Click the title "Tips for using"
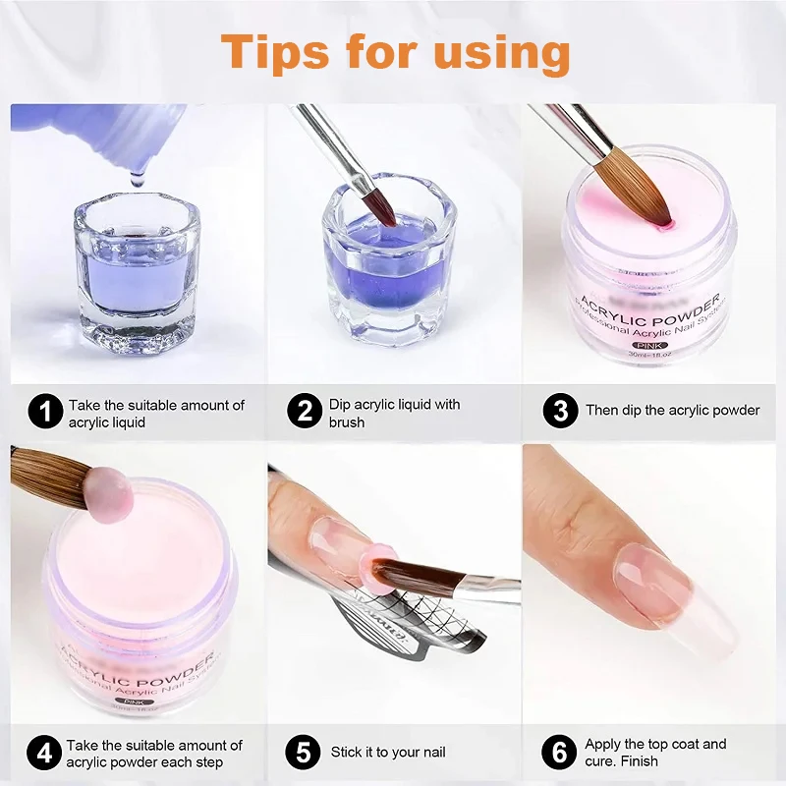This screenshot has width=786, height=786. coord(395,51)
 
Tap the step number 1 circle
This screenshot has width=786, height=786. coord(45,411)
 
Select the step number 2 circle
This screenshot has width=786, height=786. coord(305,411)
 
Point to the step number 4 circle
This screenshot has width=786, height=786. coord(45,754)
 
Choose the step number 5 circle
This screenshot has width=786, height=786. coord(305,754)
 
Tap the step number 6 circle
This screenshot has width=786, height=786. coord(560,754)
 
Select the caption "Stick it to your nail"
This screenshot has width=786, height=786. coord(388,753)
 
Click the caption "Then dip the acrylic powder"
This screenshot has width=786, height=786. coord(673,411)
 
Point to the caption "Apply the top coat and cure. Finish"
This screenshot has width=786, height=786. coord(655,754)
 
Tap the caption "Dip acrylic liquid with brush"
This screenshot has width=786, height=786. coord(394,414)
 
